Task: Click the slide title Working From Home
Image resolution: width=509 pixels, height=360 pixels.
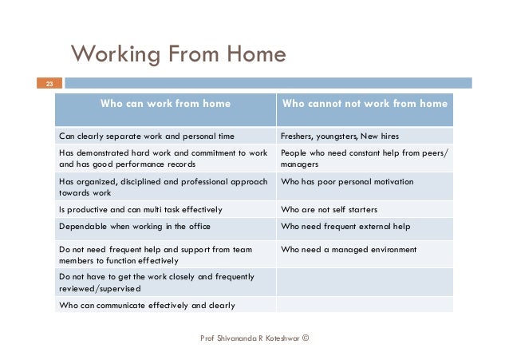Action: click(178, 54)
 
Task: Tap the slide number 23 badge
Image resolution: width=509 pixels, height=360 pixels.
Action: click(49, 83)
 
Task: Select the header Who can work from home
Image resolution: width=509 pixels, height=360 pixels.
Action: click(165, 104)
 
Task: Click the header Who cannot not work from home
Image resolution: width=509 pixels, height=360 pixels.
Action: click(365, 104)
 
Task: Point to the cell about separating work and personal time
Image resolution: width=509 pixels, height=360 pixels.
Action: click(147, 136)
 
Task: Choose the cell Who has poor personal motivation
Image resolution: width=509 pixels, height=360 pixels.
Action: click(347, 182)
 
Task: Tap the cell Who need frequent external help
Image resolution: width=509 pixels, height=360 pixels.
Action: click(345, 227)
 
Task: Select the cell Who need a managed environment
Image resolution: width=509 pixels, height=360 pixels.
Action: click(349, 250)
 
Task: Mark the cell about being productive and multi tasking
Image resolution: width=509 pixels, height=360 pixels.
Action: click(140, 209)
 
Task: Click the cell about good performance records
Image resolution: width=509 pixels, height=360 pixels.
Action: click(164, 158)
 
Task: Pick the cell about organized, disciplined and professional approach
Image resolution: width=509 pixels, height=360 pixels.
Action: click(164, 187)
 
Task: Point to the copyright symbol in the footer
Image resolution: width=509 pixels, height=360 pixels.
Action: click(306, 338)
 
